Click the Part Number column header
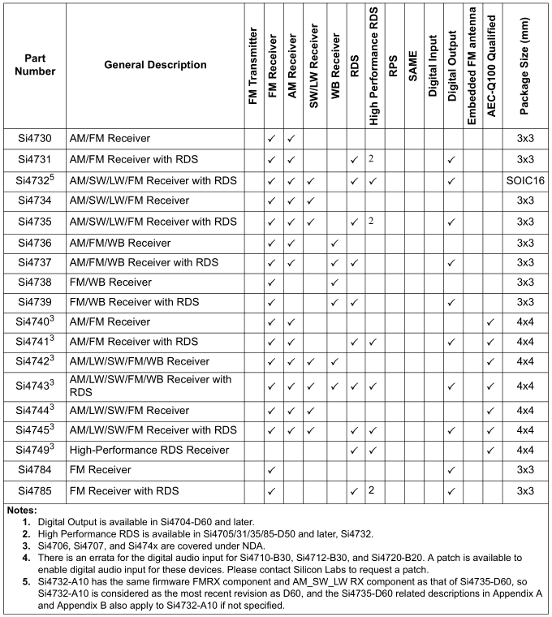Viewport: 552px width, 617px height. click(x=40, y=65)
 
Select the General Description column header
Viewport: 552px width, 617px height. click(x=155, y=65)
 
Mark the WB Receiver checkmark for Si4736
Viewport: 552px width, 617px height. click(x=334, y=242)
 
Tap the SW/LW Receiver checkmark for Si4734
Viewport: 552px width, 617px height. click(x=312, y=201)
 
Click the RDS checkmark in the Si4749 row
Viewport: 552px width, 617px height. click(x=354, y=450)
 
